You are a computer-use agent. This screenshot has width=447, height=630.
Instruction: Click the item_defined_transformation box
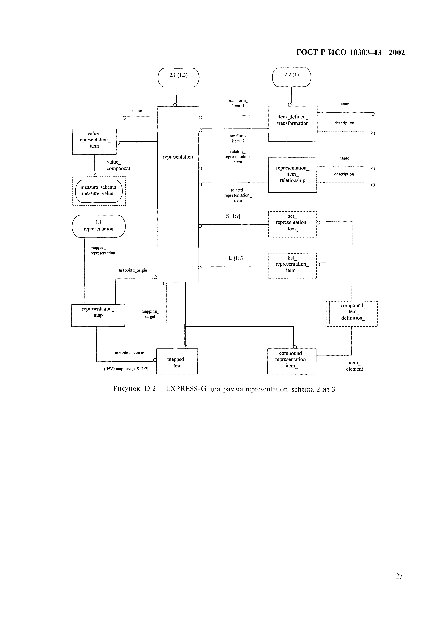pos(293,123)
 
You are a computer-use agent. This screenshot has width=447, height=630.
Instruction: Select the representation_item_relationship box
pos(293,175)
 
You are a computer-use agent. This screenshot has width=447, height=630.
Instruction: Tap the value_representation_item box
pos(94,142)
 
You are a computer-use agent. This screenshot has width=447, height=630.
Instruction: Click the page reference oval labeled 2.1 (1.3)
pos(178,77)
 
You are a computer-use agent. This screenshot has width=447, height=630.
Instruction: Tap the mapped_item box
pos(177,361)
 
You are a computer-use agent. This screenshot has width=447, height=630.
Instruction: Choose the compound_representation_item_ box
pos(292,361)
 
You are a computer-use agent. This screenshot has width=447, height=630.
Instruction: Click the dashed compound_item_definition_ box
pos(352,314)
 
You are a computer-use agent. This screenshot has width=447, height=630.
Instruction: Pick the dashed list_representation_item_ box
pos(292,266)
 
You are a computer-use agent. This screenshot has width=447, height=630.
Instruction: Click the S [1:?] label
pos(233,216)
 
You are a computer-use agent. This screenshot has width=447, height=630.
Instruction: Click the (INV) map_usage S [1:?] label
pos(126,369)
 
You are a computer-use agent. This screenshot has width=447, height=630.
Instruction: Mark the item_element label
pos(355,366)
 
